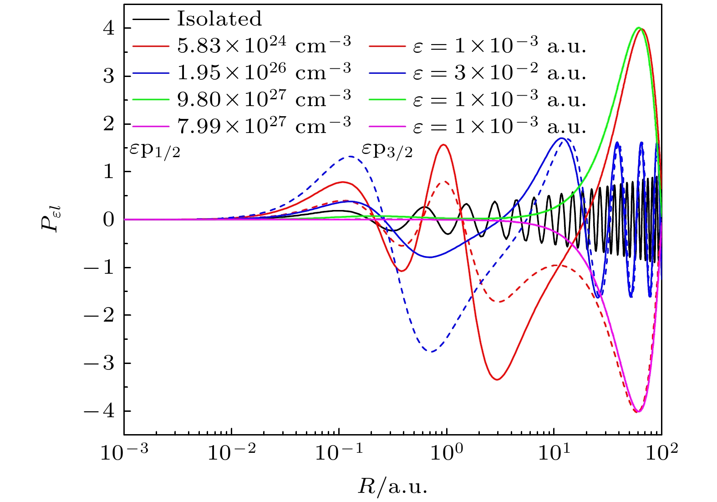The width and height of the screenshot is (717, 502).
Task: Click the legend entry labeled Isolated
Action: [219, 19]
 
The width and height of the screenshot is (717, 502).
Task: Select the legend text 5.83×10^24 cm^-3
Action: [264, 45]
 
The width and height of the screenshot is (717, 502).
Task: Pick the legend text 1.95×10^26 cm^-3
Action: [264, 72]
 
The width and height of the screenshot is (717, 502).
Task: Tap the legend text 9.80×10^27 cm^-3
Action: [264, 98]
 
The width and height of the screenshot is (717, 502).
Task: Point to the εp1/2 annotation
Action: [155, 150]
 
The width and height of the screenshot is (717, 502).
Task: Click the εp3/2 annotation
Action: [387, 150]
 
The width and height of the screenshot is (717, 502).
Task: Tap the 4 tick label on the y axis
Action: [108, 28]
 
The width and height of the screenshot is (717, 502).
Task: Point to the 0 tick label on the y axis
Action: [108, 220]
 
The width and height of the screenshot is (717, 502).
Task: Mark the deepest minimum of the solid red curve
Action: [498, 379]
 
